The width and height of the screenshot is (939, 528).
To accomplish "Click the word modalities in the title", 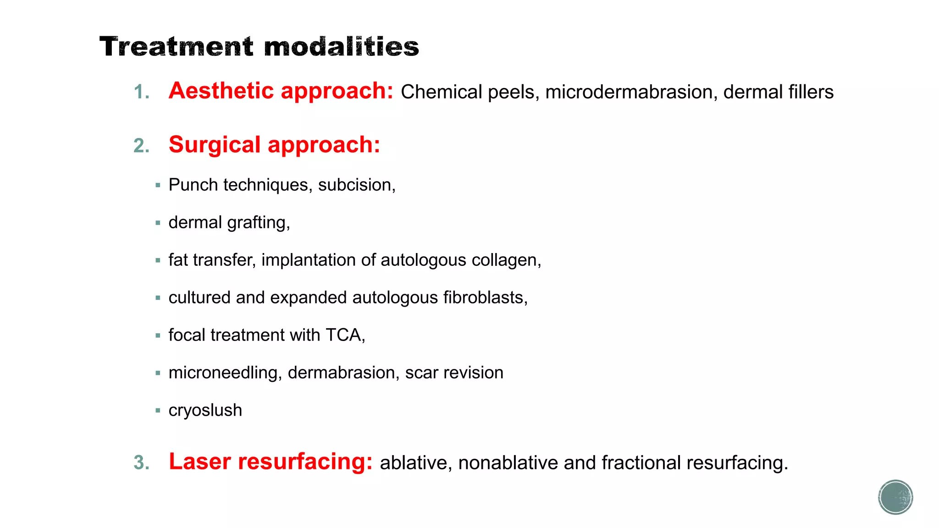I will pyautogui.click(x=341, y=47).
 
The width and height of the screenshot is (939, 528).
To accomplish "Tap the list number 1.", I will pyautogui.click(x=141, y=92).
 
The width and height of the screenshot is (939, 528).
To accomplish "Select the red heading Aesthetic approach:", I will pyautogui.click(x=281, y=91).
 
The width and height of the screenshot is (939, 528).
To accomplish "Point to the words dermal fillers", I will pyautogui.click(x=778, y=92).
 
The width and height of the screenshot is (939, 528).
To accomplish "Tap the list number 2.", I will pyautogui.click(x=141, y=146).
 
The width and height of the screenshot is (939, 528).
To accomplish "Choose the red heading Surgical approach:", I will pyautogui.click(x=274, y=145).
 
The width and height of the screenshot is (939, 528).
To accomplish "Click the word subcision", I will pyautogui.click(x=356, y=185).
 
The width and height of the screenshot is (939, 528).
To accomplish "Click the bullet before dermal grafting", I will pyautogui.click(x=158, y=223).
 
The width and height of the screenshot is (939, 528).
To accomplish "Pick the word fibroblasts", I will pyautogui.click(x=485, y=297).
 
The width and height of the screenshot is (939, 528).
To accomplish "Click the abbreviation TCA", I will pyautogui.click(x=344, y=335).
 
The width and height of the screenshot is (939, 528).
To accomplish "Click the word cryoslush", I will pyautogui.click(x=205, y=410).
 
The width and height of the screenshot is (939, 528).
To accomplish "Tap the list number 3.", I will pyautogui.click(x=141, y=462).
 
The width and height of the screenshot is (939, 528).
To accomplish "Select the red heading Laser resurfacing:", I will pyautogui.click(x=271, y=462).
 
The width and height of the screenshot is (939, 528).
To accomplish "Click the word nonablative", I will pyautogui.click(x=508, y=463).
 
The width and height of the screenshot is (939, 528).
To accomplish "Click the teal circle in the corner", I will pyautogui.click(x=895, y=497).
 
